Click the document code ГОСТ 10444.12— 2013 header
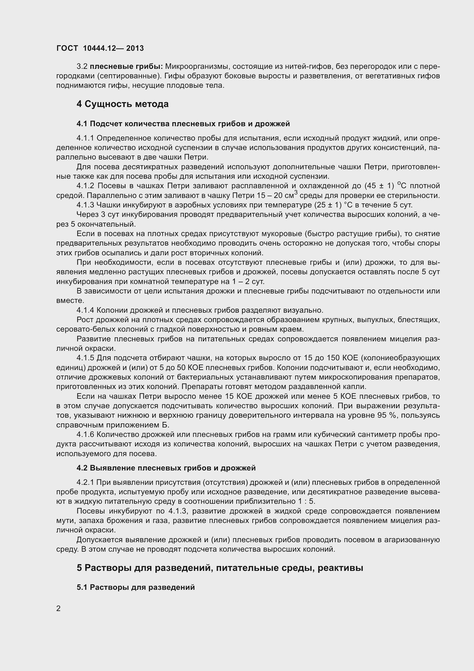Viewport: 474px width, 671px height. click(x=100, y=48)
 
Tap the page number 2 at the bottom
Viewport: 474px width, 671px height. click(x=58, y=608)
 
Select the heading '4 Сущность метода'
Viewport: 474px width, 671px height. click(x=123, y=104)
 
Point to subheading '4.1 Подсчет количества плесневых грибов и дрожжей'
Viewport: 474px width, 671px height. click(x=183, y=124)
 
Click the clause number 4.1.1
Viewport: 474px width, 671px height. click(x=85, y=138)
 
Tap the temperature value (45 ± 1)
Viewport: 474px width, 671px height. click(x=379, y=186)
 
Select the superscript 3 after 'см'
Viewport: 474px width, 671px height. click(x=296, y=192)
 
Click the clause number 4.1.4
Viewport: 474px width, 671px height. click(x=85, y=310)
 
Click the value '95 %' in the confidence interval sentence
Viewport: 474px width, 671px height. click(x=387, y=415)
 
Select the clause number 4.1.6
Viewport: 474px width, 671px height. click(x=85, y=435)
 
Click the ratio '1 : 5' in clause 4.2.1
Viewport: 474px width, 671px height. click(x=306, y=501)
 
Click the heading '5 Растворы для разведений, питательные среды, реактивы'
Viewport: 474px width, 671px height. click(x=220, y=568)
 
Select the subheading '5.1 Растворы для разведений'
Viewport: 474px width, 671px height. click(x=136, y=587)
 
